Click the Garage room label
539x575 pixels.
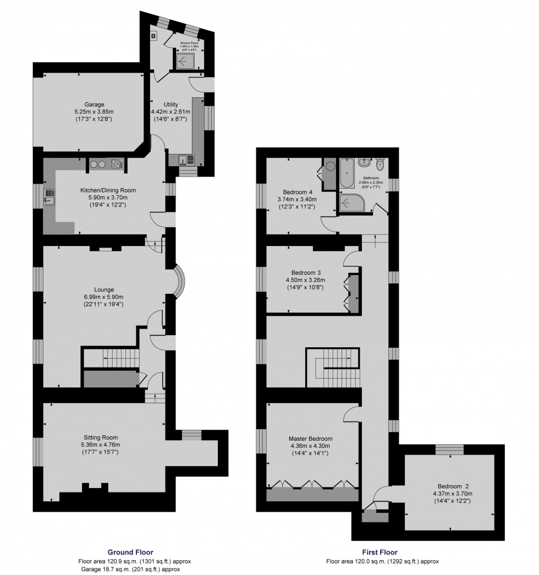tap(94, 105)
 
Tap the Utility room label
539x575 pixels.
tap(170, 105)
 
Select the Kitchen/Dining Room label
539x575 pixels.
tap(105, 190)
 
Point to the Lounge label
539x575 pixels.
tap(104, 289)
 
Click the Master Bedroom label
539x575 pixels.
tap(310, 439)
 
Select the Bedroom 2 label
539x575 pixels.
tap(453, 486)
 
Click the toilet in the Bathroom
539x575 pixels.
tap(380, 165)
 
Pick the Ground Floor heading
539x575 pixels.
tap(130, 552)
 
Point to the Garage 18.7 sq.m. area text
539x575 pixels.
tap(130, 569)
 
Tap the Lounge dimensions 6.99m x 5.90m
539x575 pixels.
tap(104, 297)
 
